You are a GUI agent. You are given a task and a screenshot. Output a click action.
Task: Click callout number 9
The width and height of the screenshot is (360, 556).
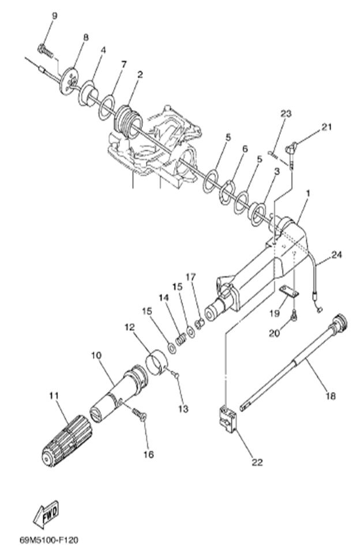pyautogui.click(x=55, y=16)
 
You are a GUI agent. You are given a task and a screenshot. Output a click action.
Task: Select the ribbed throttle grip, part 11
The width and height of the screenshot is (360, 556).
pyautogui.click(x=63, y=438)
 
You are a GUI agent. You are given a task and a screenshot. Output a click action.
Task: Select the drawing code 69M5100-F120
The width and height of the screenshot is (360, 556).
pyautogui.click(x=48, y=540)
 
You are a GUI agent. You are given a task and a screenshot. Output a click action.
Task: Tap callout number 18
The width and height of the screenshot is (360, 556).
pyautogui.click(x=331, y=396)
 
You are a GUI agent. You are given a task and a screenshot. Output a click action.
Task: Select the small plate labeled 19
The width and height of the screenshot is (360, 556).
pyautogui.click(x=288, y=292)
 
